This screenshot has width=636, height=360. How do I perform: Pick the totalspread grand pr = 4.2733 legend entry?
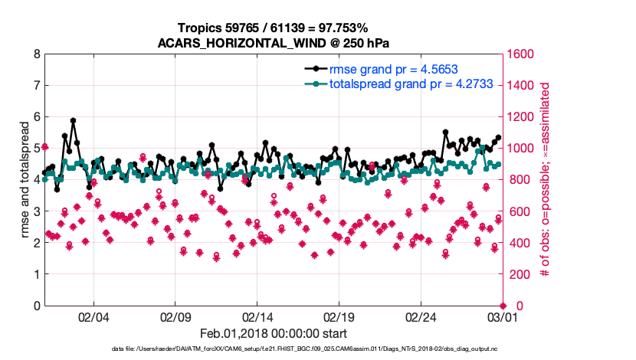tap(405, 83)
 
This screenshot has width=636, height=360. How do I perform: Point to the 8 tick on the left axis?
tap(36, 54)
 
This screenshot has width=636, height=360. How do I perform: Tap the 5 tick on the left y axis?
tap(36, 149)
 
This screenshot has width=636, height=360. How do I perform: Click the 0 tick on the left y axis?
tap(36, 306)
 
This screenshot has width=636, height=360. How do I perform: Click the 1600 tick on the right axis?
tap(519, 54)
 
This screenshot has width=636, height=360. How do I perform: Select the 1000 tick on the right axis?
tap(519, 149)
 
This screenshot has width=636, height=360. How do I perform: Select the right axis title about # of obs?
tap(545, 181)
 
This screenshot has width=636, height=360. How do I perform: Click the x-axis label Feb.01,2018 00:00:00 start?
tap(273, 333)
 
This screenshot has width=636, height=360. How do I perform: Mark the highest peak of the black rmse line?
tap(73, 120)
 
